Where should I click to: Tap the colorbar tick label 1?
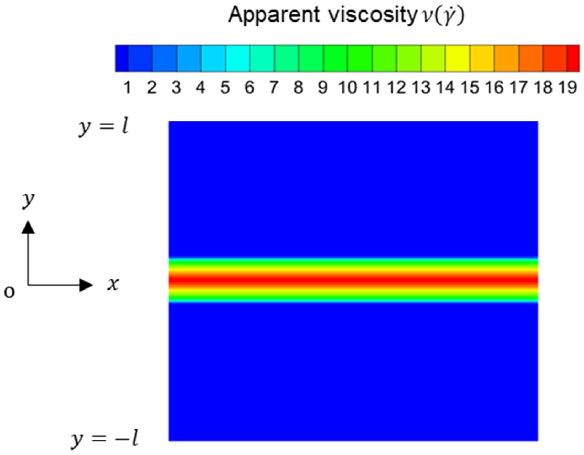pyautogui.click(x=127, y=87)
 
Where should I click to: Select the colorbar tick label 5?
pyautogui.click(x=225, y=87)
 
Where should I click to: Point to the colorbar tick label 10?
pyautogui.click(x=347, y=87)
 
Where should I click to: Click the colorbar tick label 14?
pyautogui.click(x=445, y=87)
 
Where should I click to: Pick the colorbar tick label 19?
pyautogui.click(x=567, y=87)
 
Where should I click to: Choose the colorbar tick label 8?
pyautogui.click(x=298, y=87)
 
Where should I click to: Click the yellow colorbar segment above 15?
pyautogui.click(x=457, y=58)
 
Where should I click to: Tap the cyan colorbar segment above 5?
pyautogui.click(x=238, y=58)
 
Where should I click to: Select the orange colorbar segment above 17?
pyautogui.click(x=506, y=58)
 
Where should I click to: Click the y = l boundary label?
pyautogui.click(x=103, y=127)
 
